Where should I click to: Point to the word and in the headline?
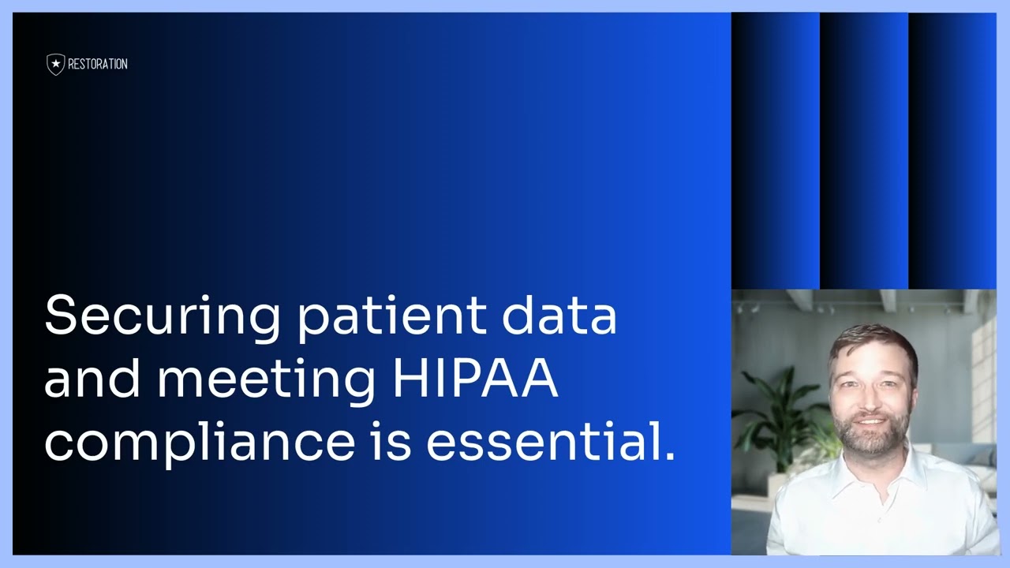[91, 379]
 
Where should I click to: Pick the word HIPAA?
[475, 379]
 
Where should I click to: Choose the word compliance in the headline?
[199, 443]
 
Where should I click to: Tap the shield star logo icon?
[55, 65]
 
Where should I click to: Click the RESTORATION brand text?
[98, 65]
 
